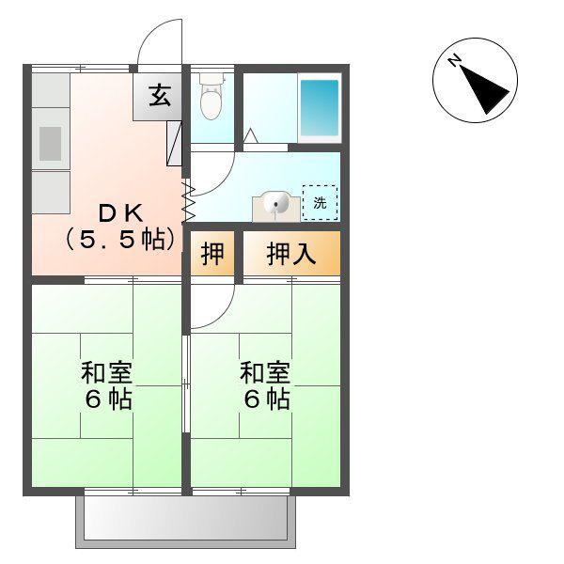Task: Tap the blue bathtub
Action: tap(320, 107)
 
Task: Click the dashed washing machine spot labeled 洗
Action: tap(320, 203)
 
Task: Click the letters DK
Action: tap(120, 213)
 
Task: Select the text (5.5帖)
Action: tap(121, 240)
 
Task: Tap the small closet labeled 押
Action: tap(212, 254)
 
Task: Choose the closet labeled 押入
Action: tap(291, 254)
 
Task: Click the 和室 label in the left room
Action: tap(107, 372)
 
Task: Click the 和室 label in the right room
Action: tap(265, 372)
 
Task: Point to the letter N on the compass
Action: tap(455, 60)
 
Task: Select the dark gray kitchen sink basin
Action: tap(50, 144)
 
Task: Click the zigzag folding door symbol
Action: tap(190, 202)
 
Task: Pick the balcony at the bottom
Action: tap(185, 517)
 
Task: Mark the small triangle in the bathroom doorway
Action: tap(251, 135)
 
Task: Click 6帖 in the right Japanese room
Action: tap(267, 399)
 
